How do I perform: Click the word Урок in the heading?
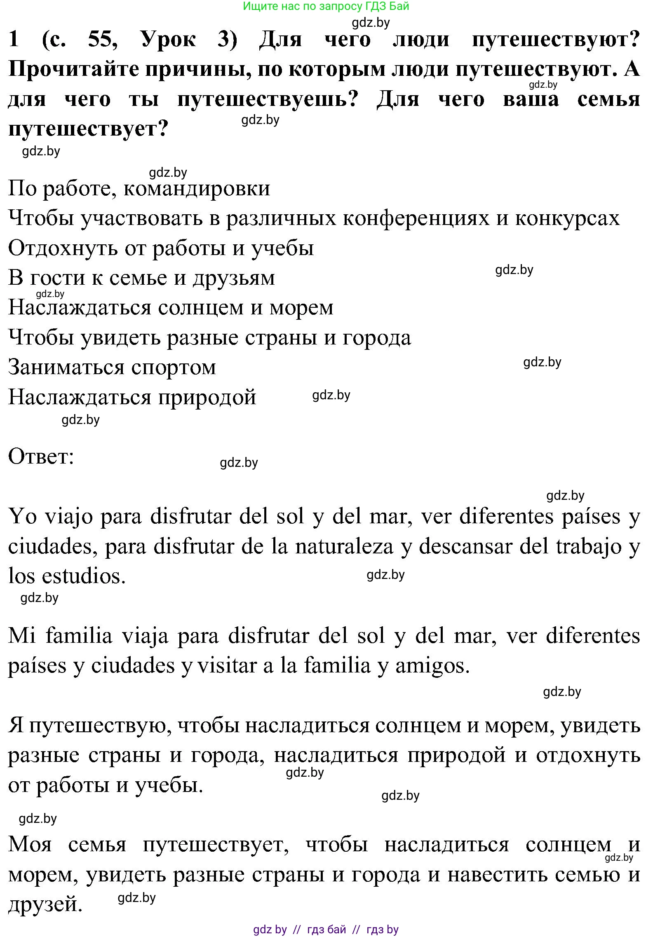(168, 40)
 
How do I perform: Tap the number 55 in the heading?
(103, 40)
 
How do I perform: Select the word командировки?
(197, 189)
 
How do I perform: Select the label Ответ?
(41, 457)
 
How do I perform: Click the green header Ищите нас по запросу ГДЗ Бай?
(326, 6)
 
